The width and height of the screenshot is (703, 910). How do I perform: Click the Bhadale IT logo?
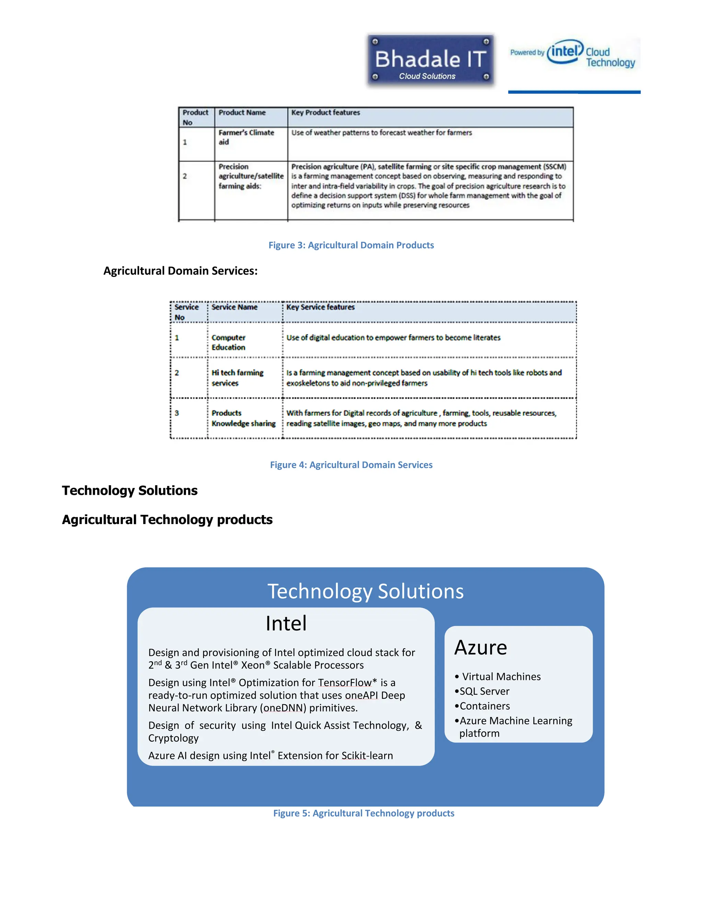tap(430, 60)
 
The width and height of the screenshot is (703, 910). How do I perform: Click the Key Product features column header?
tap(325, 113)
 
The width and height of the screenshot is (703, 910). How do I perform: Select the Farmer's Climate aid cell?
tap(246, 137)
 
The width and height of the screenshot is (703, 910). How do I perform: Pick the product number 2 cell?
tap(185, 176)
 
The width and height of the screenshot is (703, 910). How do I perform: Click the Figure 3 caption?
tap(351, 245)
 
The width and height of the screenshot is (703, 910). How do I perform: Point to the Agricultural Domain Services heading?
tap(180, 271)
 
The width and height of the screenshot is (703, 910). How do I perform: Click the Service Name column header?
tap(234, 307)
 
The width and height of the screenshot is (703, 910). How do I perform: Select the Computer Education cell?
tap(228, 342)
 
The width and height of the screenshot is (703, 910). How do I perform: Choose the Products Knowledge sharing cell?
tap(243, 418)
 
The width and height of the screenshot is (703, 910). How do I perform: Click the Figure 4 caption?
tap(351, 465)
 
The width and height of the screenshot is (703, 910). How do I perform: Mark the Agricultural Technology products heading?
tap(167, 520)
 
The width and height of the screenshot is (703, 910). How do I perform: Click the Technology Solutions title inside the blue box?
tap(365, 591)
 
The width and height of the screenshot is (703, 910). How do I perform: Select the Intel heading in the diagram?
tap(286, 624)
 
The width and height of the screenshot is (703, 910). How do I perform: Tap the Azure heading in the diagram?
tap(481, 648)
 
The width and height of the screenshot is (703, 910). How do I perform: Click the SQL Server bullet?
tap(484, 691)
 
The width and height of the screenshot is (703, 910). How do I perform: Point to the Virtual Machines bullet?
tap(501, 677)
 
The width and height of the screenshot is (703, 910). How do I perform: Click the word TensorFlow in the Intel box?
tap(344, 683)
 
